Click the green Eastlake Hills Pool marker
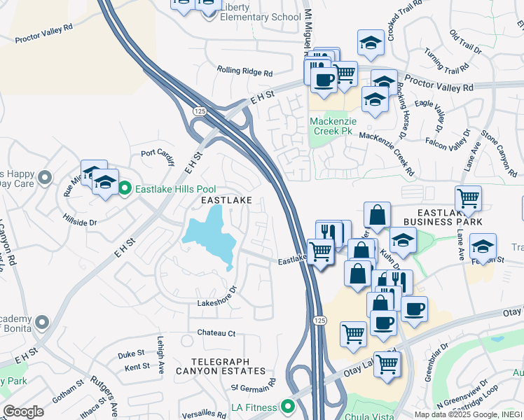point(125,188)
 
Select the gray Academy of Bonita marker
point(41,322)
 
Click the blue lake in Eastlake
point(209,239)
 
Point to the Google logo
point(23,412)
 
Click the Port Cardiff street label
point(157,153)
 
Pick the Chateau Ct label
point(216,333)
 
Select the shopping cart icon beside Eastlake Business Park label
point(468,198)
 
